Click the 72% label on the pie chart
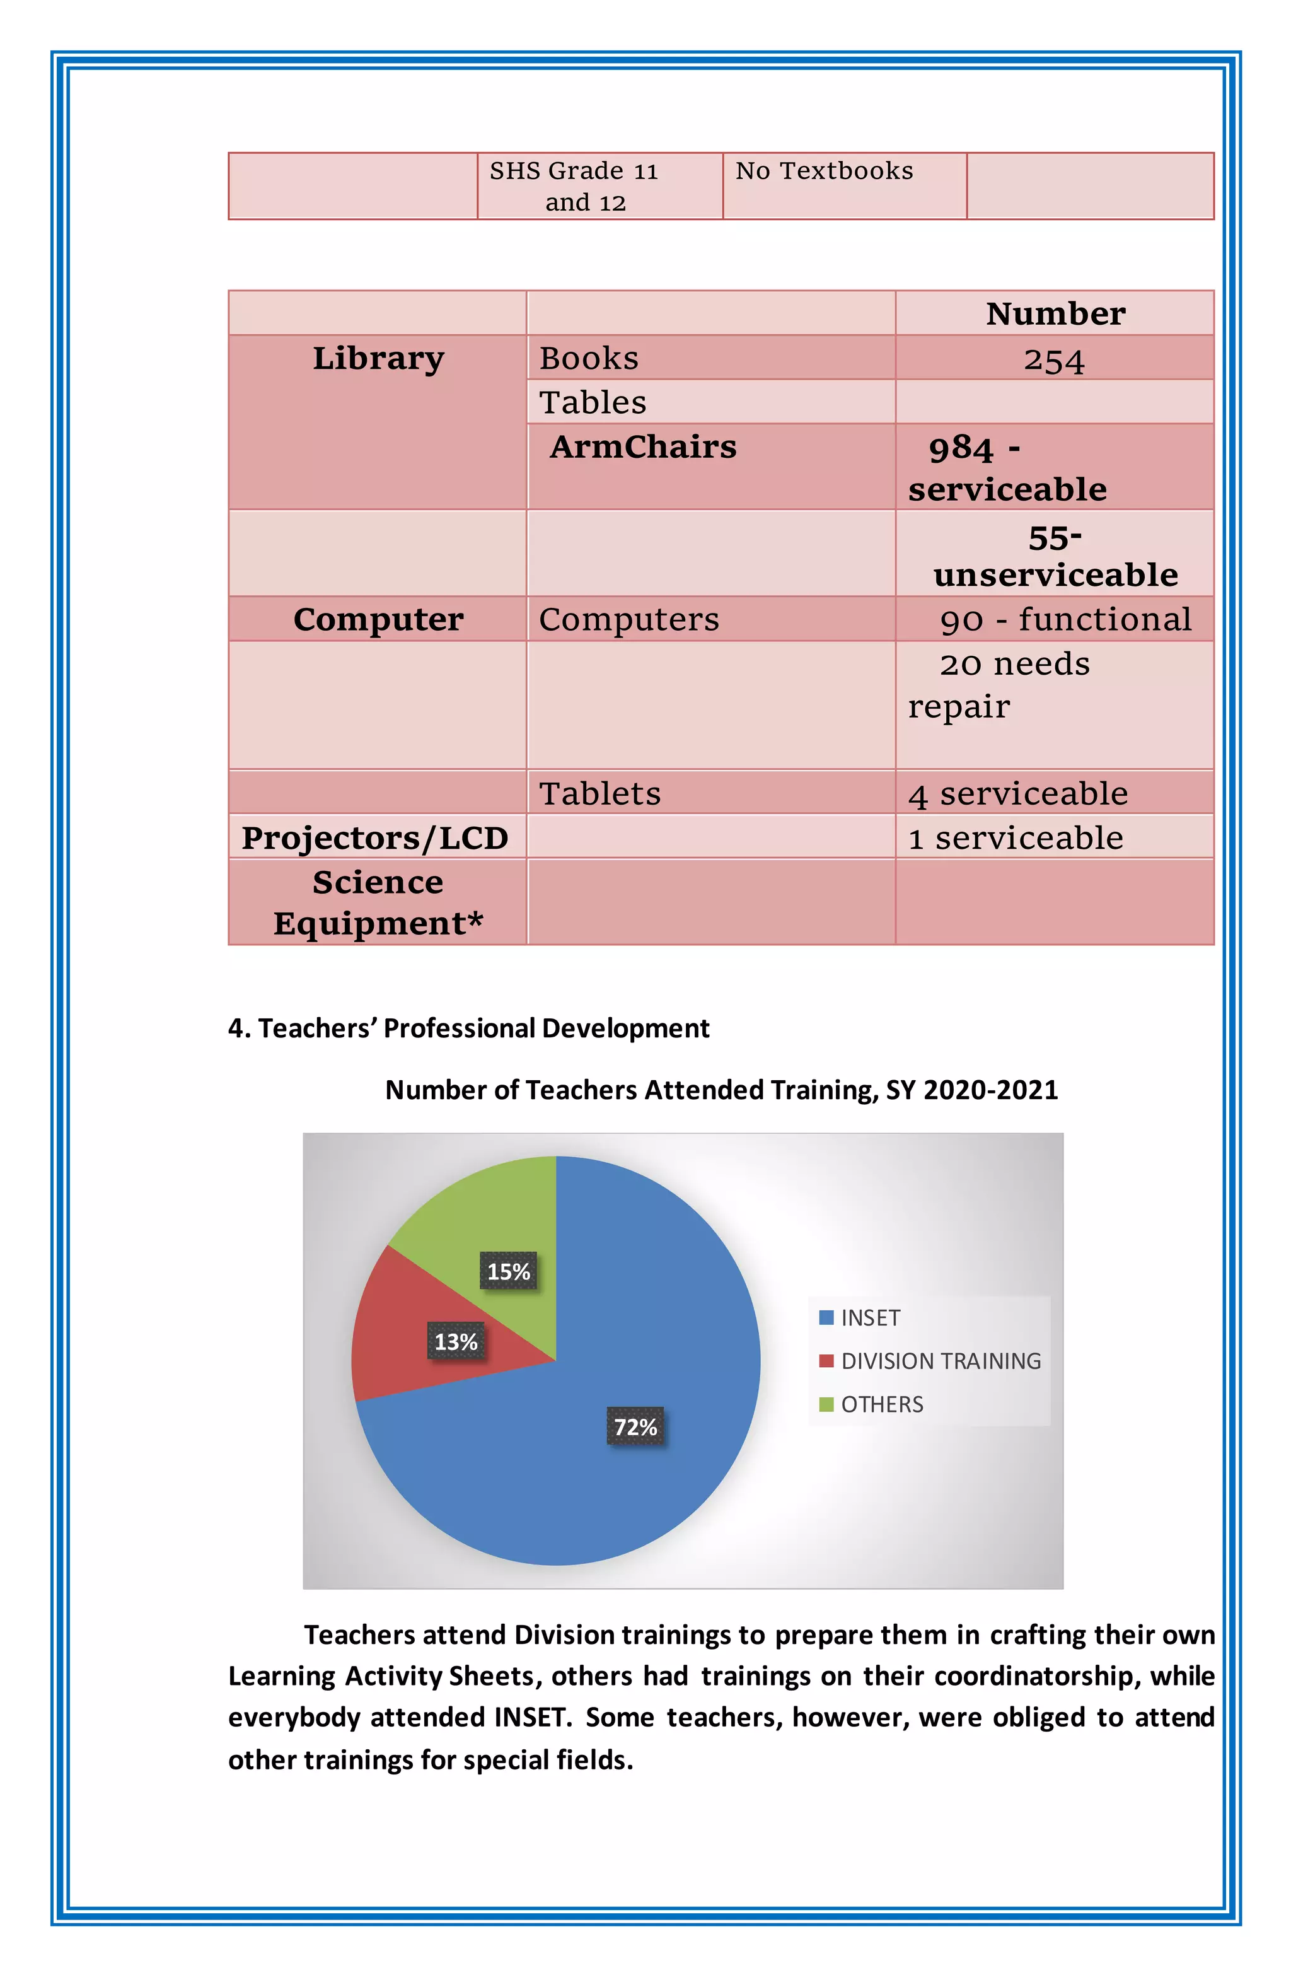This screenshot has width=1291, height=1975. [x=635, y=1426]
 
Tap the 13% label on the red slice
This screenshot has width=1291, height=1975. [x=456, y=1341]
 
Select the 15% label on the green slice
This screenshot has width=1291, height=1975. [x=508, y=1271]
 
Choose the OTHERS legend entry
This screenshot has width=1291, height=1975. [x=881, y=1404]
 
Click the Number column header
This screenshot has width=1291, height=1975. [x=1055, y=313]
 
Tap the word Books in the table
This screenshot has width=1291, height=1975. [x=588, y=358]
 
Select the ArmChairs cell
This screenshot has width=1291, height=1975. [x=643, y=447]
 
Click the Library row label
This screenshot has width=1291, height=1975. [x=378, y=358]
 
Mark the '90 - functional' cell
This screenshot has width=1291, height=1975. [x=1065, y=620]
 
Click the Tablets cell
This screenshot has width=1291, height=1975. [x=600, y=794]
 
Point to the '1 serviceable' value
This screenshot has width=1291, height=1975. [x=1016, y=838]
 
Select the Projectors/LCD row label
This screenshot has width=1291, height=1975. [x=375, y=838]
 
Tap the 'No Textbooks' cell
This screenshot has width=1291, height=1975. [x=824, y=171]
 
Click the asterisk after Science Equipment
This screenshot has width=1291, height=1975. [x=475, y=919]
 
